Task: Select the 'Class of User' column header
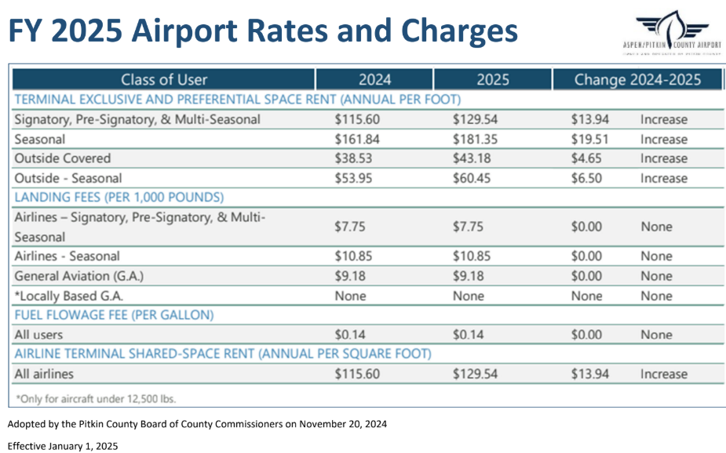point(163,80)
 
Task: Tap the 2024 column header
point(374,80)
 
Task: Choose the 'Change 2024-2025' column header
point(637,80)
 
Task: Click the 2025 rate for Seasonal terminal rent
point(475,140)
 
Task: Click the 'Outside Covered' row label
point(63,158)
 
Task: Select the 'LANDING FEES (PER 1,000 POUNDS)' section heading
point(119,197)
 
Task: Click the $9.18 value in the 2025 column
point(469,276)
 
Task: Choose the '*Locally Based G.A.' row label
point(69,296)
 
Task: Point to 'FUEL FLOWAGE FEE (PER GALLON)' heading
point(114,315)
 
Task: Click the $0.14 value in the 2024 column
point(351,335)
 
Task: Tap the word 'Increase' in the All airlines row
point(663,374)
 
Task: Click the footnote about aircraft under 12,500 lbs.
point(96,398)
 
